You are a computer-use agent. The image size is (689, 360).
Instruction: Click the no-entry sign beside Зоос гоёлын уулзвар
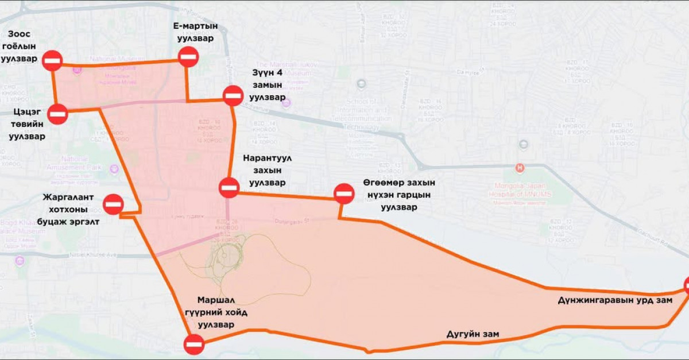point(52,60)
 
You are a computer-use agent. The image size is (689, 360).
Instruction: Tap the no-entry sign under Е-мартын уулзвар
point(188,56)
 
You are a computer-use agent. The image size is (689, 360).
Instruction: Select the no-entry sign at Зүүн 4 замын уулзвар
point(233,95)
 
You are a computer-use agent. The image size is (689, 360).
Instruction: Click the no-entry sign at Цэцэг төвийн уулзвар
point(58,114)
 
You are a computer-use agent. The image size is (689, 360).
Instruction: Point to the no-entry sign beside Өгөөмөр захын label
point(344,193)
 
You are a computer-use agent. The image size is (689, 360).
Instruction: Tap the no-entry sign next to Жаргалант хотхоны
point(113,203)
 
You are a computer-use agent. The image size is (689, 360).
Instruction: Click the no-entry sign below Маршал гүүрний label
point(193,344)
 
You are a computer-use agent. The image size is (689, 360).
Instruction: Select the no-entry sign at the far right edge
point(685,285)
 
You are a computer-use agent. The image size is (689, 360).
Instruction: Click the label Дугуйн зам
point(473,334)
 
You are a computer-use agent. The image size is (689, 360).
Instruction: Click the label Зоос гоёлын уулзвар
point(22,46)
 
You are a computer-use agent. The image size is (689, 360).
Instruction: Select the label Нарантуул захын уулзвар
point(265,170)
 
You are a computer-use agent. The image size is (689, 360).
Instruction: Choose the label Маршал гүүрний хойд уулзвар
point(216,312)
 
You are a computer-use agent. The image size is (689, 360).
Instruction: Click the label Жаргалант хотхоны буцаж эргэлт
point(71,210)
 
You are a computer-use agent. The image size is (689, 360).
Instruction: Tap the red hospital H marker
point(520,168)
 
